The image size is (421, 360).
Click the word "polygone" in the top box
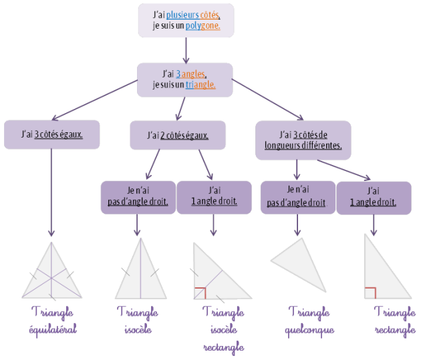click(x=202, y=25)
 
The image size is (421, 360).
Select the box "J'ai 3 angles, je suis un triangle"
click(x=184, y=78)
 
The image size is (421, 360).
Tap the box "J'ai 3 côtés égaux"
click(x=52, y=134)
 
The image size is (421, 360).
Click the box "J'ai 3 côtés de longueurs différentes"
click(x=303, y=140)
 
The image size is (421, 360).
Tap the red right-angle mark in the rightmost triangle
click(x=370, y=293)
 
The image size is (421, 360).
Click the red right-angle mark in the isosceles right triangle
click(x=199, y=293)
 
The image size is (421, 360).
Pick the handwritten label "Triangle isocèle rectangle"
click(x=223, y=329)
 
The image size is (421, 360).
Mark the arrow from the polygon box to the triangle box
click(x=185, y=49)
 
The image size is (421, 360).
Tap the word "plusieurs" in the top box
click(x=186, y=14)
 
